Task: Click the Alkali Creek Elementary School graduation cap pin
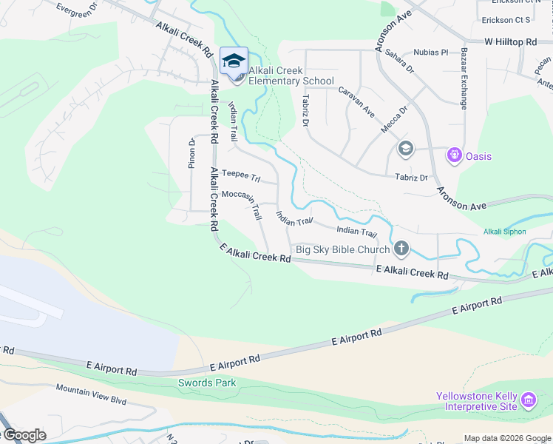point(234,61)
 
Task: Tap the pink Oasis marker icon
point(454,156)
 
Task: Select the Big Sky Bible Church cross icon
point(401,249)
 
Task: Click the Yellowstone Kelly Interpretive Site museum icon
point(529,401)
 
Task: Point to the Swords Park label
point(207,383)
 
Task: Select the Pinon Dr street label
point(191,153)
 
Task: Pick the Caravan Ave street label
point(356,102)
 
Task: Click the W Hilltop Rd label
point(510,43)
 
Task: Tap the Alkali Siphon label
point(505,232)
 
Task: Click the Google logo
point(24,435)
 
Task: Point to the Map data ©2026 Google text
point(507,438)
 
